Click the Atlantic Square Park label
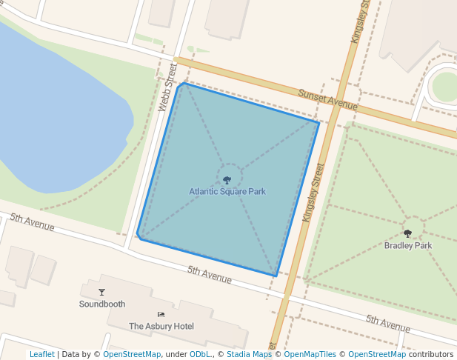[227, 192]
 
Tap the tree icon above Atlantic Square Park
[227, 179]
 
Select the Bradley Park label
[407, 245]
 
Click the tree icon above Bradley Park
[407, 233]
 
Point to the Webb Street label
[167, 87]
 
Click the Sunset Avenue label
[328, 100]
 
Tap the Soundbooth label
[102, 304]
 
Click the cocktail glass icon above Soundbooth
[102, 292]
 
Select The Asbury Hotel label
[161, 326]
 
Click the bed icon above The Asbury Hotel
[161, 315]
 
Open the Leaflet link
[41, 354]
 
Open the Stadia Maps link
[249, 354]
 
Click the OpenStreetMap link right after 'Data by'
[132, 354]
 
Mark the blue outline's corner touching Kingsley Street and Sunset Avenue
[319, 122]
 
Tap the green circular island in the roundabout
[446, 87]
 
